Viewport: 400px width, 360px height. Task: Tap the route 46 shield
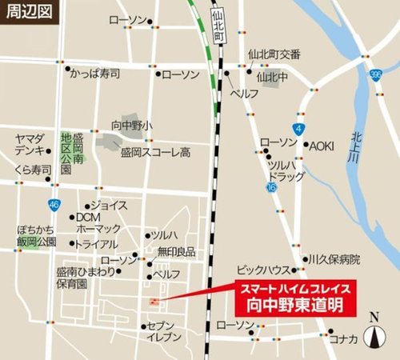point(54,206)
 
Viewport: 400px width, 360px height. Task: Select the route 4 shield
point(298,128)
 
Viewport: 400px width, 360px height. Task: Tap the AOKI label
point(322,145)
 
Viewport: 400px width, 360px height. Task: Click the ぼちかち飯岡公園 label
point(37,236)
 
